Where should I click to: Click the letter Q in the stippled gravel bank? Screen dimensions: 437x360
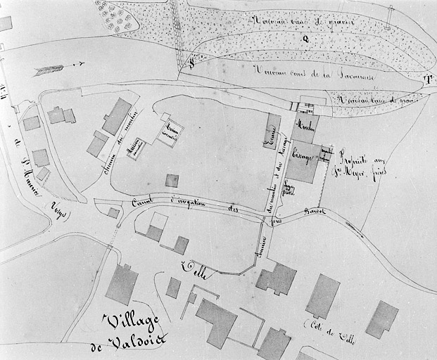click(x=305, y=39)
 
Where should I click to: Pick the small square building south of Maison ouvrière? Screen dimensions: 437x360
click(x=172, y=181)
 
